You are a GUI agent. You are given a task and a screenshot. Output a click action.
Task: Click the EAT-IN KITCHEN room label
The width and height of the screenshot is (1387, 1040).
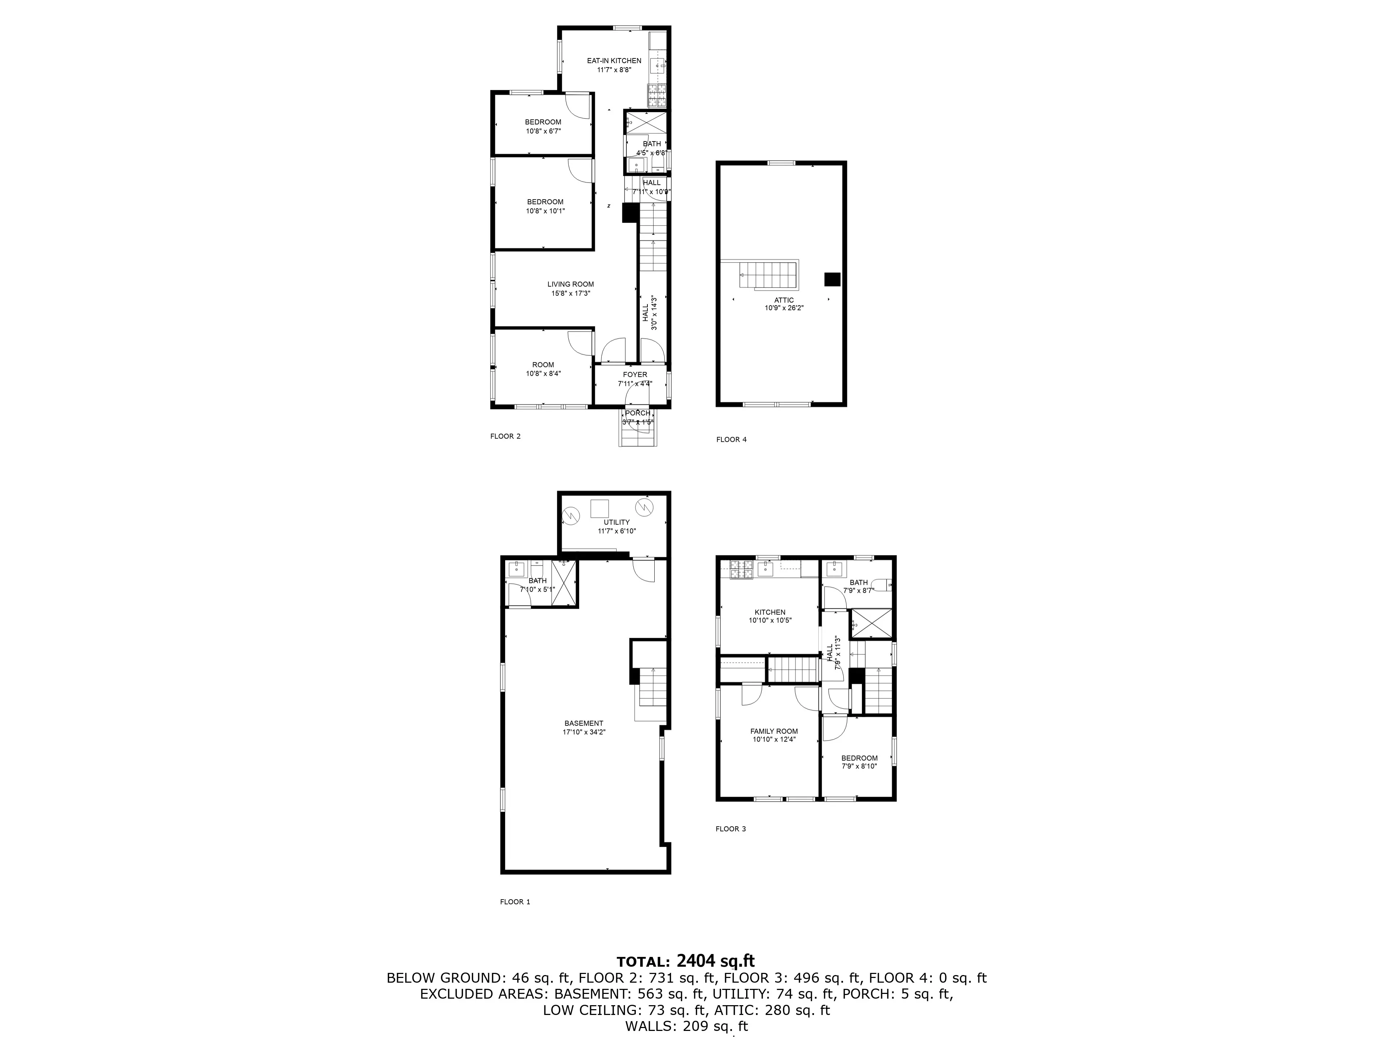point(614,61)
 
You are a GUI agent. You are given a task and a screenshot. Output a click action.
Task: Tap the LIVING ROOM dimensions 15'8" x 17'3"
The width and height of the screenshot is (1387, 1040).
point(570,293)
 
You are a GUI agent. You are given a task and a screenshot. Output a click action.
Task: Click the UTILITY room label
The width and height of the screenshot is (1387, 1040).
point(616,522)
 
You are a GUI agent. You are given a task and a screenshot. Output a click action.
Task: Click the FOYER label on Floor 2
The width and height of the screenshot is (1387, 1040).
point(635,375)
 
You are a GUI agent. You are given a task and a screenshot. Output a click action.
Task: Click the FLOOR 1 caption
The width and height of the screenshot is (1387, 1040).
point(515,902)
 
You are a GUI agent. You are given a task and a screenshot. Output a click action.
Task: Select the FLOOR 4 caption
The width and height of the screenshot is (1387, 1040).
point(731,439)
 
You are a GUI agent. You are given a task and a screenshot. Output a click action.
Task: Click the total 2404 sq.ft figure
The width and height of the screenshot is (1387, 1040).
point(715,961)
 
